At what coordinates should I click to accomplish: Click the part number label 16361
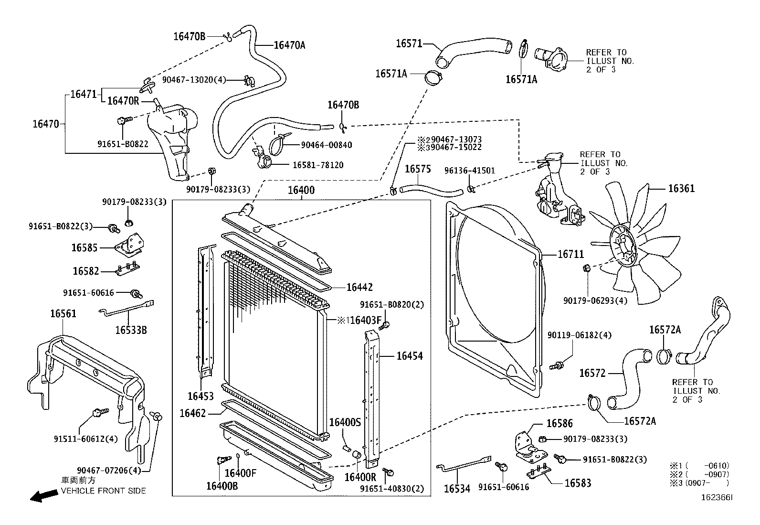click(x=681, y=189)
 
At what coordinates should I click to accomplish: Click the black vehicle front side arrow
click(x=42, y=496)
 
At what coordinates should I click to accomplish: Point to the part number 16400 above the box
click(x=301, y=191)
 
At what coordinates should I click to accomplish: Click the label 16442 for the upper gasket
click(x=359, y=288)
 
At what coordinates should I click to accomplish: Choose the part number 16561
click(x=63, y=314)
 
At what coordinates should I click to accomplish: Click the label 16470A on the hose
click(x=289, y=45)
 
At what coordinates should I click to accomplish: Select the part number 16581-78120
click(x=318, y=165)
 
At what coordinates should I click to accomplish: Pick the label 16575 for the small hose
click(x=418, y=169)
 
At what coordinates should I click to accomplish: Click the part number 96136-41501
click(x=470, y=171)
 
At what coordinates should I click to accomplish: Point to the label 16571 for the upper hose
click(x=409, y=43)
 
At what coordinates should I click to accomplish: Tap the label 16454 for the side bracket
click(x=409, y=356)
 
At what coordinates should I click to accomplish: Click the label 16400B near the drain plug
click(x=222, y=486)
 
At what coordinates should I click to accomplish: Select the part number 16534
click(x=457, y=489)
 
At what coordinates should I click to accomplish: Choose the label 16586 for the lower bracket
click(x=559, y=424)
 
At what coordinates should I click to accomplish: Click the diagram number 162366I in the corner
click(x=716, y=497)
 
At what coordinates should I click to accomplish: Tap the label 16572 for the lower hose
click(x=592, y=373)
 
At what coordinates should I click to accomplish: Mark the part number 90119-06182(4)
click(x=579, y=335)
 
